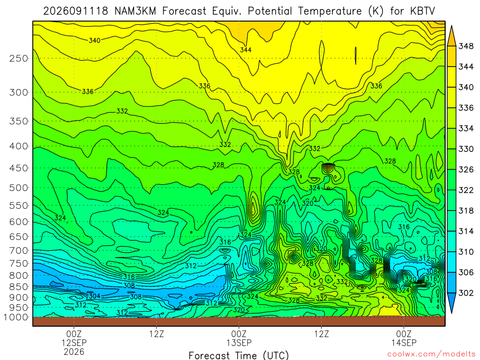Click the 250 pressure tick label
click(x=19, y=58)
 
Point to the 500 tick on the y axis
click(x=19, y=187)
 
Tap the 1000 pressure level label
click(x=16, y=317)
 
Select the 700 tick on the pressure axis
click(x=19, y=250)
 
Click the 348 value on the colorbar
click(x=466, y=46)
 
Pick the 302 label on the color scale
click(x=466, y=293)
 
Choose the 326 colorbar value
click(x=466, y=170)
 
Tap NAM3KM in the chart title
click(x=135, y=11)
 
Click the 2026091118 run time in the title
click(x=75, y=11)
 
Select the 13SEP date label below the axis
click(x=239, y=343)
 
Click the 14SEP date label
click(x=404, y=343)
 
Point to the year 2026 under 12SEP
click(x=74, y=352)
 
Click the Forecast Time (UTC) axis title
click(x=239, y=355)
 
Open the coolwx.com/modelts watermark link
click(x=431, y=354)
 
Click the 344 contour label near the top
click(x=246, y=50)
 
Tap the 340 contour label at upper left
click(x=95, y=40)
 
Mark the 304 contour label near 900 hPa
click(x=95, y=296)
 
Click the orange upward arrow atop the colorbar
click(x=451, y=36)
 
